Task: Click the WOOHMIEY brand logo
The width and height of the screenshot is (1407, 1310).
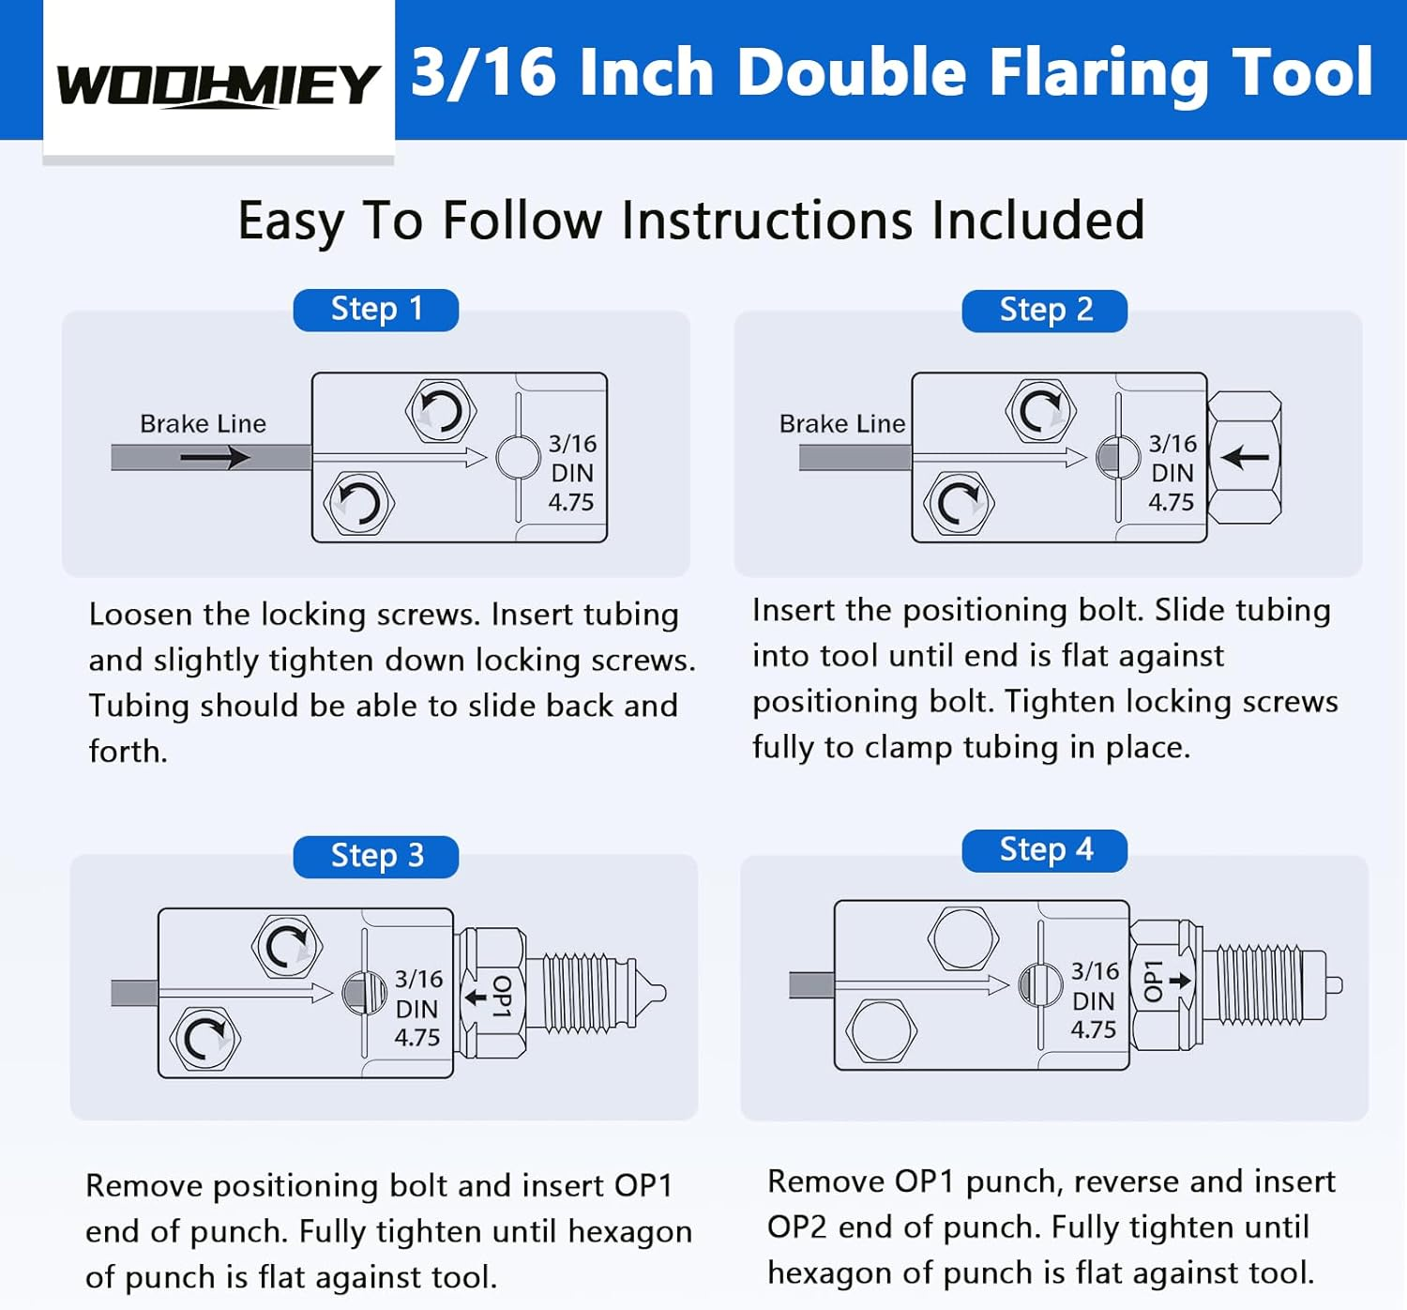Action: point(218,84)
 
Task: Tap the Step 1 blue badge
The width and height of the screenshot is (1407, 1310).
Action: point(376,310)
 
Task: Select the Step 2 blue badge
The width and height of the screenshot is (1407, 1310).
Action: point(1045,311)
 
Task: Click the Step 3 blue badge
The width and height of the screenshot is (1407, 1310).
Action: point(376,857)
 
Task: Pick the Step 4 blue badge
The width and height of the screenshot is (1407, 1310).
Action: point(1045,850)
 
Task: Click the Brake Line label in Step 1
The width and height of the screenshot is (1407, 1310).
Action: point(203,424)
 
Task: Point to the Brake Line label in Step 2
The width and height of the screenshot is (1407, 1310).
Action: point(842,424)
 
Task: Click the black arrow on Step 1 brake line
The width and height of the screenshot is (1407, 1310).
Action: point(216,457)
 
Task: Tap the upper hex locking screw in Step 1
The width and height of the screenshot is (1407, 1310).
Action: point(441,411)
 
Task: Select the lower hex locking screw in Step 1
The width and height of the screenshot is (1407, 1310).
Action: point(358,503)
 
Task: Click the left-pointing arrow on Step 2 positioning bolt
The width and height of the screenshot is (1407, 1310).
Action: point(1246,457)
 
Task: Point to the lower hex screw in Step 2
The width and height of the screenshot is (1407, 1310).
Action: point(959,503)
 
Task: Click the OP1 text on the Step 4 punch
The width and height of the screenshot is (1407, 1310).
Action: point(1153,981)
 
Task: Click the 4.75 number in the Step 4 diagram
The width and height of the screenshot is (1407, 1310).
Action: point(1094,1029)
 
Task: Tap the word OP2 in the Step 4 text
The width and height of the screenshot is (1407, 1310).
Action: point(798,1227)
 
